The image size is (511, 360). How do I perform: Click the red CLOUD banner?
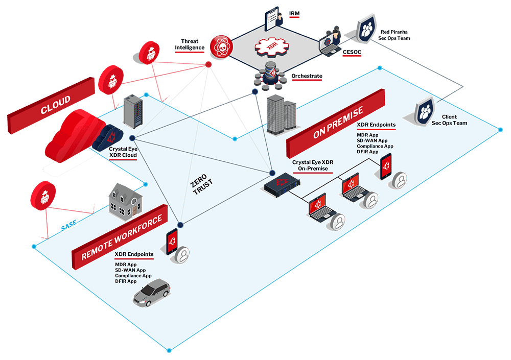tap(51, 106)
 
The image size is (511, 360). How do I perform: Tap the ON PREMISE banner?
tap(335, 124)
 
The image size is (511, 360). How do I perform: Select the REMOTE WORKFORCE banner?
tap(120, 237)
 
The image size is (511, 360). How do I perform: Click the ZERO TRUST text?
tap(201, 184)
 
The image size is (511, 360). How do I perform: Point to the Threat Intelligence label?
tap(190, 44)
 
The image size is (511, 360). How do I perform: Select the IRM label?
tap(294, 14)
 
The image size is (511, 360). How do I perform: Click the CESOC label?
tap(352, 52)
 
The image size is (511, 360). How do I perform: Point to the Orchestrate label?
tap(307, 76)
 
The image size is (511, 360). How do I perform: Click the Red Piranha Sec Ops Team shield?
tap(366, 29)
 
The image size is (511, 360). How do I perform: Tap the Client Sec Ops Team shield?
tap(425, 111)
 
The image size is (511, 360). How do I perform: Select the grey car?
tap(152, 292)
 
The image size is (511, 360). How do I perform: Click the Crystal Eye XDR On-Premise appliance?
tap(282, 184)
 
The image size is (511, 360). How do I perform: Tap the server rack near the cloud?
tap(133, 111)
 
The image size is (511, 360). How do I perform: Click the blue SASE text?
tap(69, 225)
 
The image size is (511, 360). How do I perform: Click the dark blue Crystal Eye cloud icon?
tap(108, 137)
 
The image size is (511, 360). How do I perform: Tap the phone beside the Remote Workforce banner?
tap(172, 242)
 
